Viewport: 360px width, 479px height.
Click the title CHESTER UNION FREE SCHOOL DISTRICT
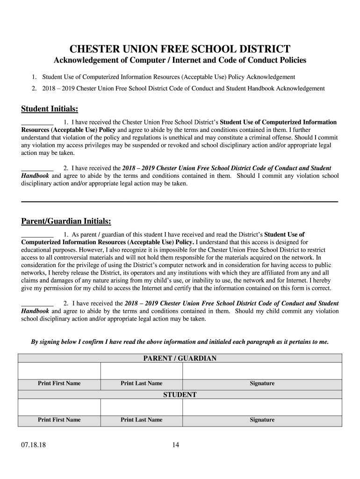180,49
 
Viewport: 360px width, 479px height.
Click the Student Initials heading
49,109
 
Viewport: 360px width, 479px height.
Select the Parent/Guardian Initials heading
66,221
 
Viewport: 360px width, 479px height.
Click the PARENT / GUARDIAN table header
180,359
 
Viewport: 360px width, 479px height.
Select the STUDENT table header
180,395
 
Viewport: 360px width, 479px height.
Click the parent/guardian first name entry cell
59,371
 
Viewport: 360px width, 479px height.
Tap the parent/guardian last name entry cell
141,371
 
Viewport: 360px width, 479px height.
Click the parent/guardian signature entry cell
262,371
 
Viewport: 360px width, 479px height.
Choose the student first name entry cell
59,407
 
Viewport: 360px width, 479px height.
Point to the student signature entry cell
262,407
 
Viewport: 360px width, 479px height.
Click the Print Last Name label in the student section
141,420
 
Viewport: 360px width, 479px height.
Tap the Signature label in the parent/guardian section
262,384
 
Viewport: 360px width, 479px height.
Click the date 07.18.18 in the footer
32,445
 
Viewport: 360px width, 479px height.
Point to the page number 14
175,445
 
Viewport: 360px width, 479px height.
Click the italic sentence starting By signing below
180,342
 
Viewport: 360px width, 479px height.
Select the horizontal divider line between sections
180,202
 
